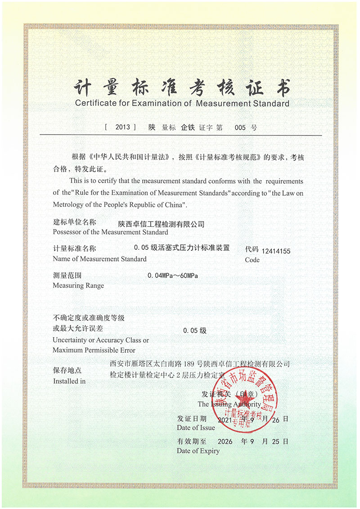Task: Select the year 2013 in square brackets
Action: click(x=122, y=127)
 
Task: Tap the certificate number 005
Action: click(x=240, y=127)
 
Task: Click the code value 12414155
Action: click(x=275, y=251)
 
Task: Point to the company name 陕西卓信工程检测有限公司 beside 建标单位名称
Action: click(x=161, y=224)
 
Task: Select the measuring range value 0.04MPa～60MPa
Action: click(x=172, y=275)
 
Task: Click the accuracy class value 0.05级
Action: click(x=195, y=330)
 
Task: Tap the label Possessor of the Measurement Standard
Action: click(x=110, y=232)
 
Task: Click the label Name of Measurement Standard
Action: click(x=99, y=259)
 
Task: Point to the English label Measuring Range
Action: click(x=78, y=285)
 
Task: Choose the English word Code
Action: click(x=252, y=260)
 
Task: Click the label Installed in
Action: click(x=69, y=381)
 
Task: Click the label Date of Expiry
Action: click(x=198, y=450)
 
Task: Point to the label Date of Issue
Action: click(x=196, y=428)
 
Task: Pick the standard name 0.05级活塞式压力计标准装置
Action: click(x=182, y=248)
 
